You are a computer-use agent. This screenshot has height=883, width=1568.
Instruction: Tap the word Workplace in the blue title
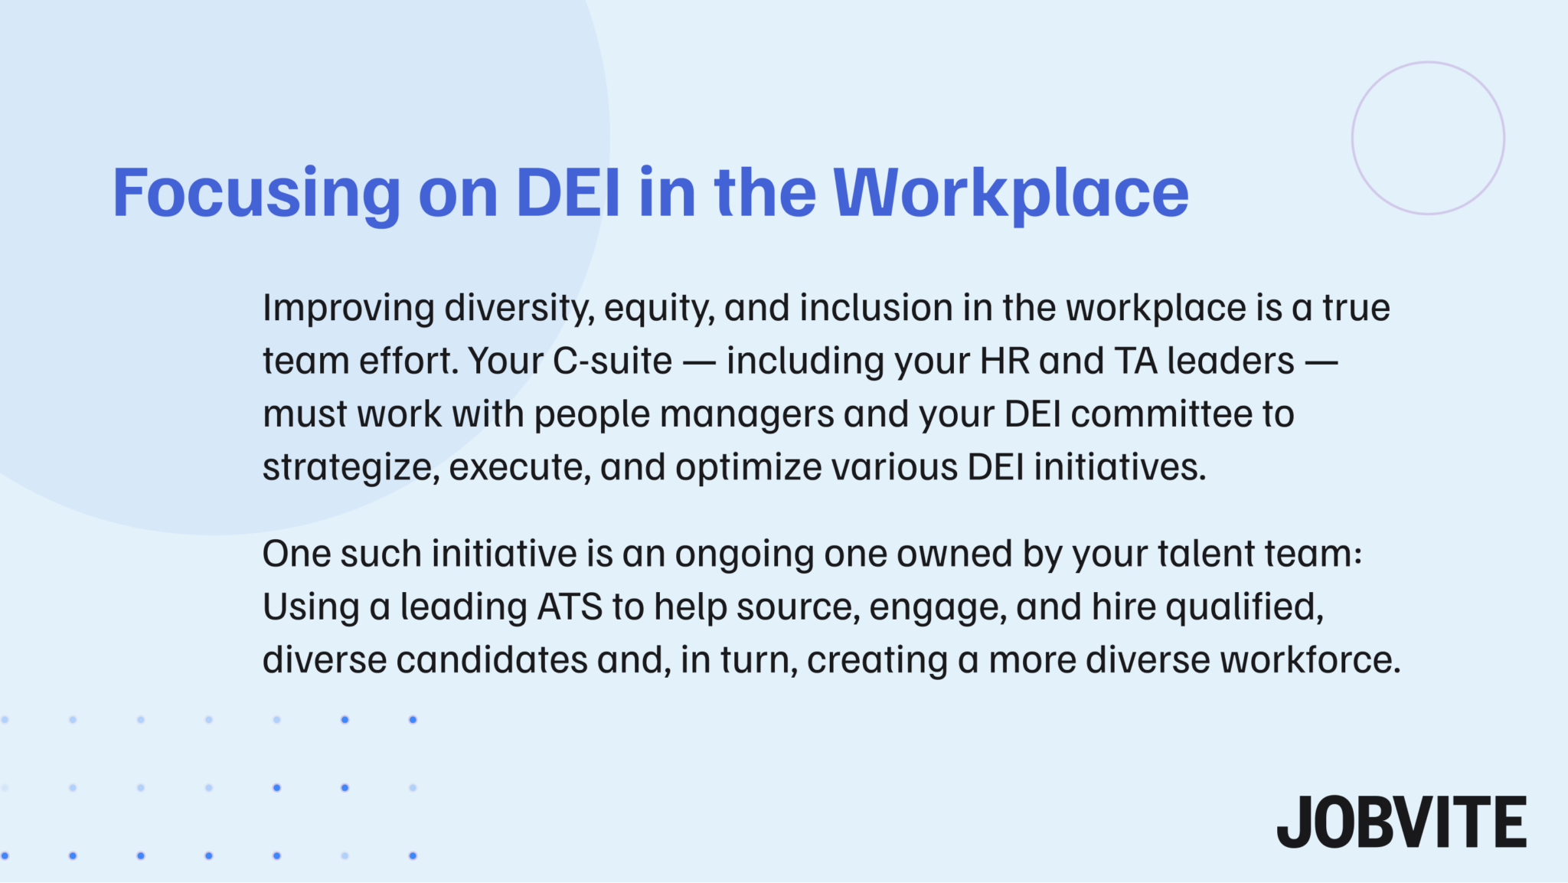point(1011,193)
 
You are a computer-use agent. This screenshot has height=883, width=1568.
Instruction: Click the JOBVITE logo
point(1401,822)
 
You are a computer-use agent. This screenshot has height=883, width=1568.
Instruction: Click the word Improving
point(348,309)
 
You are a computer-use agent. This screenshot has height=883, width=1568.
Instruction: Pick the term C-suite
point(612,361)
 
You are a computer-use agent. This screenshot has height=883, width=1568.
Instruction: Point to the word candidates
point(492,660)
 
